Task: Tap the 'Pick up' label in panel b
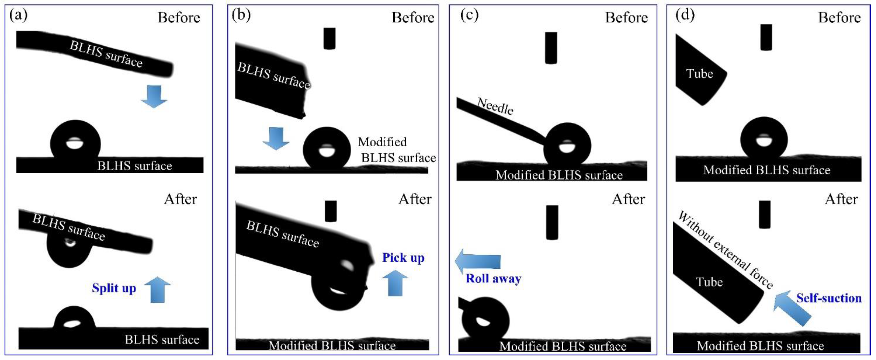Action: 403,258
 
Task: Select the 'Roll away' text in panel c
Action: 493,278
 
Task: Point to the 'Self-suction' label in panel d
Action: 829,298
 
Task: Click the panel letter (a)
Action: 18,15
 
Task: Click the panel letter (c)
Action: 469,15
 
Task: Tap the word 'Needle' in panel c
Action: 495,106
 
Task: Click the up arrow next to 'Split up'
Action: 157,289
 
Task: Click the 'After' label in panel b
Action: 415,199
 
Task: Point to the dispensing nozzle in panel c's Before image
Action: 551,48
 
